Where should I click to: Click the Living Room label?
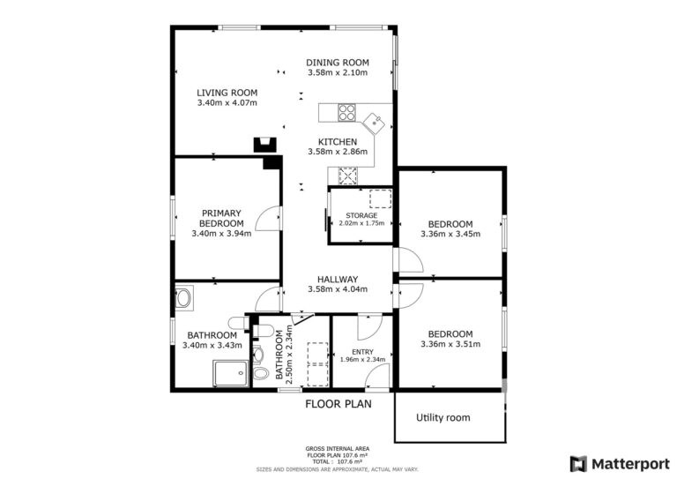click(227, 93)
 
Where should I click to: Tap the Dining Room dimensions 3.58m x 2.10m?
click(338, 72)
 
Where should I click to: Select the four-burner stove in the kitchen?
click(346, 113)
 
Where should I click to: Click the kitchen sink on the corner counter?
click(374, 123)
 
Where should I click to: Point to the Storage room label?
click(361, 215)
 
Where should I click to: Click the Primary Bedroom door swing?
click(269, 219)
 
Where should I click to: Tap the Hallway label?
click(338, 280)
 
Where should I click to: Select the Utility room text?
click(443, 417)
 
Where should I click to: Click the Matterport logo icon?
click(578, 464)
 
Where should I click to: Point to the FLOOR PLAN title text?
click(338, 404)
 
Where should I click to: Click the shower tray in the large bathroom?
click(231, 374)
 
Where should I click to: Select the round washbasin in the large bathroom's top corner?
click(184, 298)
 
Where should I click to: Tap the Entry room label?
click(362, 352)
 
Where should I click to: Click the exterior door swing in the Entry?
click(377, 377)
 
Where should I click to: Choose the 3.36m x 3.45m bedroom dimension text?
click(450, 234)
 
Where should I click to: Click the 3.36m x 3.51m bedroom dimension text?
click(450, 344)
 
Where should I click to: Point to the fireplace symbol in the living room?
click(264, 145)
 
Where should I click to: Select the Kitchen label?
click(338, 142)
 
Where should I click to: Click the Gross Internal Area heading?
click(338, 449)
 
